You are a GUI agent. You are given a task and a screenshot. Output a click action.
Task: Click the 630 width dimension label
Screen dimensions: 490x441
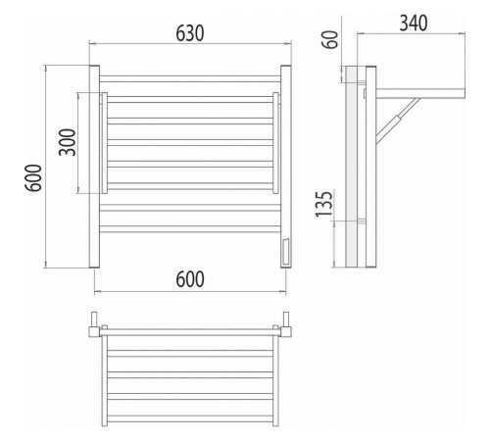[190, 33]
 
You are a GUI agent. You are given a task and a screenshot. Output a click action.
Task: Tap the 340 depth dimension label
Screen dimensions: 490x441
[414, 24]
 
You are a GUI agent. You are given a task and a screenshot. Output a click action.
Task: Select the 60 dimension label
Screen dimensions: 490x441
[330, 39]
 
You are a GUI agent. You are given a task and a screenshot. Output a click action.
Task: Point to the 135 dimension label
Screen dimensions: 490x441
[324, 204]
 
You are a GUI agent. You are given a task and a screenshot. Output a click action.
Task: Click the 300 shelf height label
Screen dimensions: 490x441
[68, 142]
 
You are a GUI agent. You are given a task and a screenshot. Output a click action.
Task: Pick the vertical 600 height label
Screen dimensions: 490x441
[33, 177]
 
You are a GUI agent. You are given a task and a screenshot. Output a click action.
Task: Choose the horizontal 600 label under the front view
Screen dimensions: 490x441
[190, 279]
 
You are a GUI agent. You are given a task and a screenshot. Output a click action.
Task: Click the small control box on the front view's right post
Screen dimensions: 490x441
[285, 252]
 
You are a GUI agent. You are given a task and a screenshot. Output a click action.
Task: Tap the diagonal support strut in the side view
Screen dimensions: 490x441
[398, 121]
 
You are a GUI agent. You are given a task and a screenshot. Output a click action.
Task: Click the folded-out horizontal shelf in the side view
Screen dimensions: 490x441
[420, 93]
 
